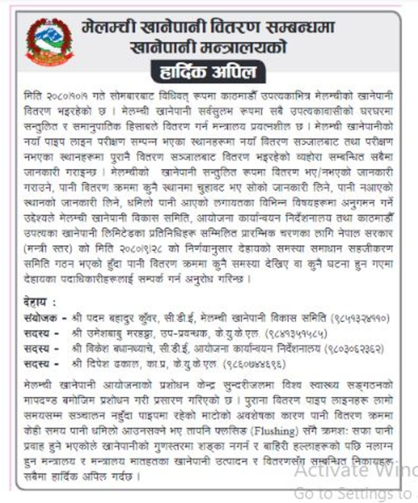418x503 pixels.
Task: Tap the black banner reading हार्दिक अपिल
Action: (208, 71)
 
